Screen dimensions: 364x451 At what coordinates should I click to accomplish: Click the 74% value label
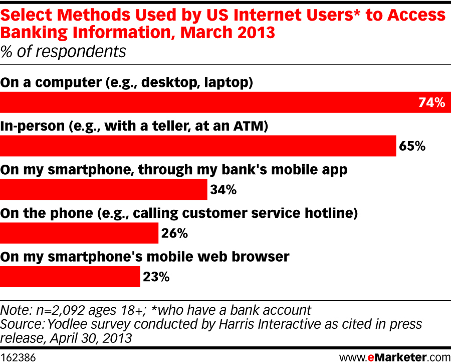(431, 103)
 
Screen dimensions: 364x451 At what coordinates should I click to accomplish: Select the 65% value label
(412, 146)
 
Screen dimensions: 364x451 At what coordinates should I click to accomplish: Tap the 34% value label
(222, 190)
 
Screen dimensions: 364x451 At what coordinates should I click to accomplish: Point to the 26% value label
(174, 233)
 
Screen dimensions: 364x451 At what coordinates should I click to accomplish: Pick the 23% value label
(156, 277)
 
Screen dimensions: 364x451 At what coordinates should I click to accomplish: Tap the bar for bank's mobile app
(103, 190)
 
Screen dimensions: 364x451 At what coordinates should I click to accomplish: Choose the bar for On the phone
(79, 233)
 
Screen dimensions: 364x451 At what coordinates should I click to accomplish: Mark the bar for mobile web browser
(70, 277)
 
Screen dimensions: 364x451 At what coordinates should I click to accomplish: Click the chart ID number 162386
(21, 358)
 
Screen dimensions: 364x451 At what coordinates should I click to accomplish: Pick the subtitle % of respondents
(63, 51)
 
